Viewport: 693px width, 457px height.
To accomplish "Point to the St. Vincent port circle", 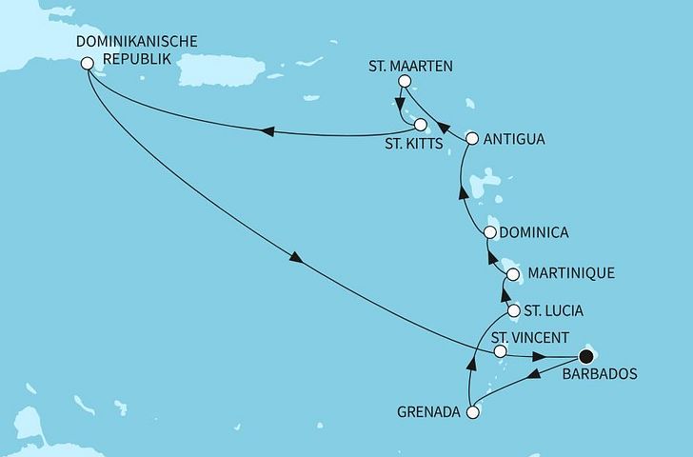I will tap(501, 352).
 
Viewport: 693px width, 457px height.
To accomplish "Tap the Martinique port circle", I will tap(513, 274).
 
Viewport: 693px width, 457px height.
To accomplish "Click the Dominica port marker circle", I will tap(490, 232).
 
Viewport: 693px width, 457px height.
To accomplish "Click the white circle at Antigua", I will tap(470, 139).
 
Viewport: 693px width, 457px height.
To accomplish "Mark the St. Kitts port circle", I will tap(420, 124).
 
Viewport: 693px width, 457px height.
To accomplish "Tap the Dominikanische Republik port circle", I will tap(88, 64).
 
